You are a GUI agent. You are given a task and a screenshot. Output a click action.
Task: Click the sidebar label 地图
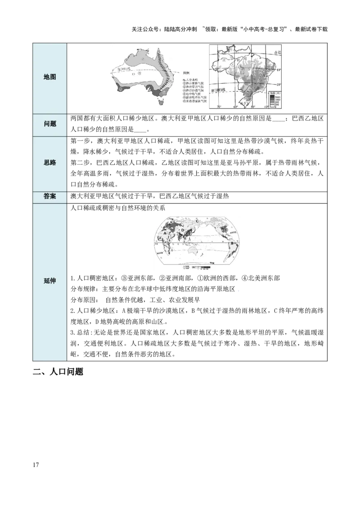click(50, 77)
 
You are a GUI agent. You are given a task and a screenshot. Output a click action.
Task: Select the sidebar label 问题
click(50, 124)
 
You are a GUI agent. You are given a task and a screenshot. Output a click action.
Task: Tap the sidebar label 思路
click(50, 162)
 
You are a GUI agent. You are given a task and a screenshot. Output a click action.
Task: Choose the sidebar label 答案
click(50, 196)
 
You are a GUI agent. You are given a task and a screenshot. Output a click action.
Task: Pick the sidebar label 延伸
click(50, 281)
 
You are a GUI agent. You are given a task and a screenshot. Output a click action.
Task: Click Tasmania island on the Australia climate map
click(161, 102)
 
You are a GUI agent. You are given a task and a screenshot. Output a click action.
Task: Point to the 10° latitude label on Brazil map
click(279, 71)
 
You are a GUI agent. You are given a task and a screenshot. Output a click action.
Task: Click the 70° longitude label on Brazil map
click(219, 107)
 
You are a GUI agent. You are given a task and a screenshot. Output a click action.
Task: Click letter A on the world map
click(165, 233)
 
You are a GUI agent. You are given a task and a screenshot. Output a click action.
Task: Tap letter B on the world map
click(232, 243)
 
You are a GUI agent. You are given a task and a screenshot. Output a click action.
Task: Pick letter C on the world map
click(197, 221)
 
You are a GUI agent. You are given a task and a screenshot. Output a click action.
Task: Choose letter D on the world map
click(182, 230)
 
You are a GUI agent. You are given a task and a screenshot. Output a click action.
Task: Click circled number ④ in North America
click(226, 229)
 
